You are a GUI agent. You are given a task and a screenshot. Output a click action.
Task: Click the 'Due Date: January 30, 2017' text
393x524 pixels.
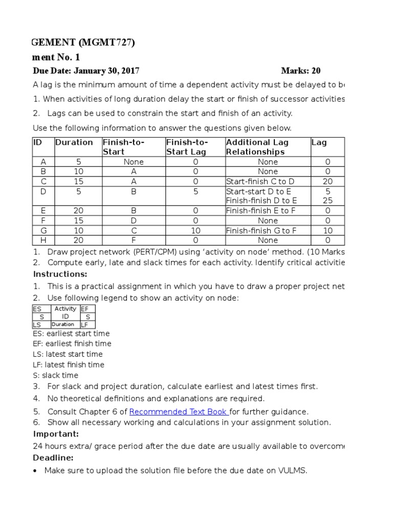pos(86,71)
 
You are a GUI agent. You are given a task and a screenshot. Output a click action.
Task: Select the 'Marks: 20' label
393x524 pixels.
pos(301,71)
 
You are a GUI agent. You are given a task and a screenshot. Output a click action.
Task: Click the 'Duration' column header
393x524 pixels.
pos(74,143)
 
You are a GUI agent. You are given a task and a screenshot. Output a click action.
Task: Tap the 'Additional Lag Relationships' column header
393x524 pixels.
pos(257,147)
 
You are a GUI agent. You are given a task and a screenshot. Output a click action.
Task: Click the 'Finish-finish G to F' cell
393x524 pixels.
pos(261,230)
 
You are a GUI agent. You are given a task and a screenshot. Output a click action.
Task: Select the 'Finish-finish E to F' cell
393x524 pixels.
pos(261,211)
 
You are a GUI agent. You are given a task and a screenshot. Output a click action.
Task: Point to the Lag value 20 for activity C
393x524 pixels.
pos(327,181)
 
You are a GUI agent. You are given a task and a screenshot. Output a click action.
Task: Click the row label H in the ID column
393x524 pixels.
pos(43,240)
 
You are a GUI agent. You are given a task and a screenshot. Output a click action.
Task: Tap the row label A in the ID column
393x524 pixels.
pos(43,162)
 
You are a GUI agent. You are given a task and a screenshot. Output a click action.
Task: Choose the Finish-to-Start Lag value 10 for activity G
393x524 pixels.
pos(195,230)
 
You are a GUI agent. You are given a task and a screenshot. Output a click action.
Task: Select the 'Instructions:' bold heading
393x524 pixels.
pos(57,274)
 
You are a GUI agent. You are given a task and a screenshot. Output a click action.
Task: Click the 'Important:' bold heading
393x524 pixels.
pos(53,434)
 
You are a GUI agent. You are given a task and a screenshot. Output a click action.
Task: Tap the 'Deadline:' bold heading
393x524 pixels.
pos(53,457)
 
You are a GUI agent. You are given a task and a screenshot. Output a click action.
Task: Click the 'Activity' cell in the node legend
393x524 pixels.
pos(65,309)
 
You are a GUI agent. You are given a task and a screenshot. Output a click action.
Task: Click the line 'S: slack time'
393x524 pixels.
pos(56,375)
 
